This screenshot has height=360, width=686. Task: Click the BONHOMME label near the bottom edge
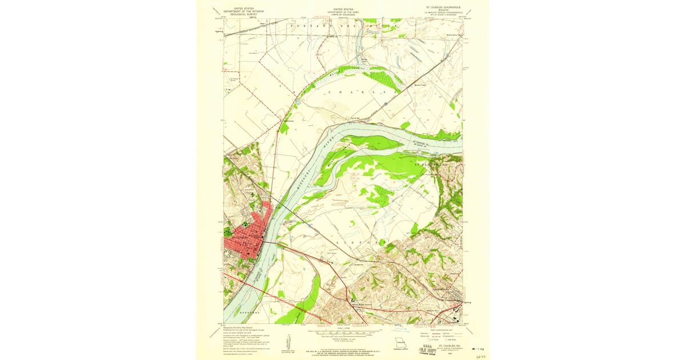tap(250, 313)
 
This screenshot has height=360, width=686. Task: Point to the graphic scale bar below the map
tap(343, 332)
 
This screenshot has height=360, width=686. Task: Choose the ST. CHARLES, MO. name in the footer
tap(449, 346)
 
